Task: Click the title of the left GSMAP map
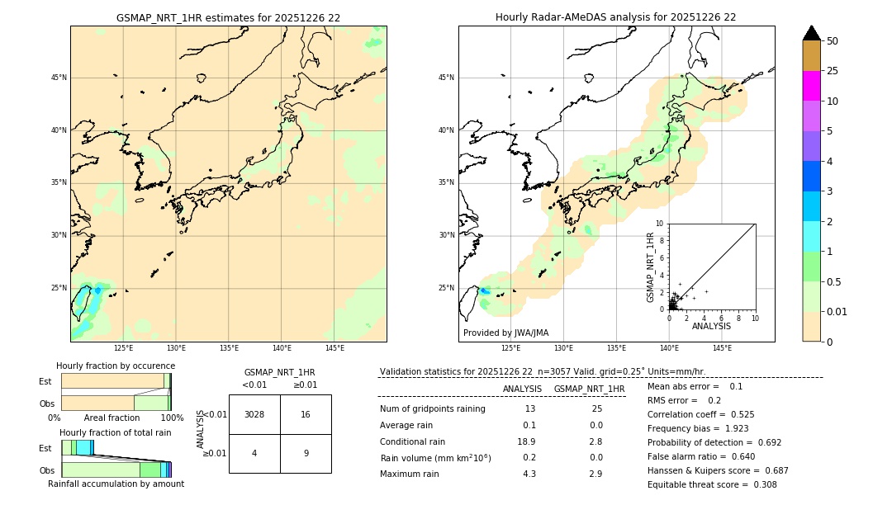tap(228, 17)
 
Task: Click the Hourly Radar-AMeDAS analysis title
tap(615, 17)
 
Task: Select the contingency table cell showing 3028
tap(254, 414)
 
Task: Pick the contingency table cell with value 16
tap(305, 414)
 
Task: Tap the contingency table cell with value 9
tap(305, 453)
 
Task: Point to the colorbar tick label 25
tap(833, 71)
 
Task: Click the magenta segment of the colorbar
tap(811, 86)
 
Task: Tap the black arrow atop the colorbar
tap(811, 33)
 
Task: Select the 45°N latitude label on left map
tap(59, 78)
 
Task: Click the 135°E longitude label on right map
tap(616, 349)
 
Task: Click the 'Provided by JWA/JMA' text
tap(505, 333)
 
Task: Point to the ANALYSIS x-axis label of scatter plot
tap(711, 326)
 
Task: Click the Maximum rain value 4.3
tap(529, 474)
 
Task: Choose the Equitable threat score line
tap(712, 484)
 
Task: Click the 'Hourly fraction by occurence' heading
tap(116, 366)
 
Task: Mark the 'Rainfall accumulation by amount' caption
tap(116, 484)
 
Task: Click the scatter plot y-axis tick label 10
tap(660, 223)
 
